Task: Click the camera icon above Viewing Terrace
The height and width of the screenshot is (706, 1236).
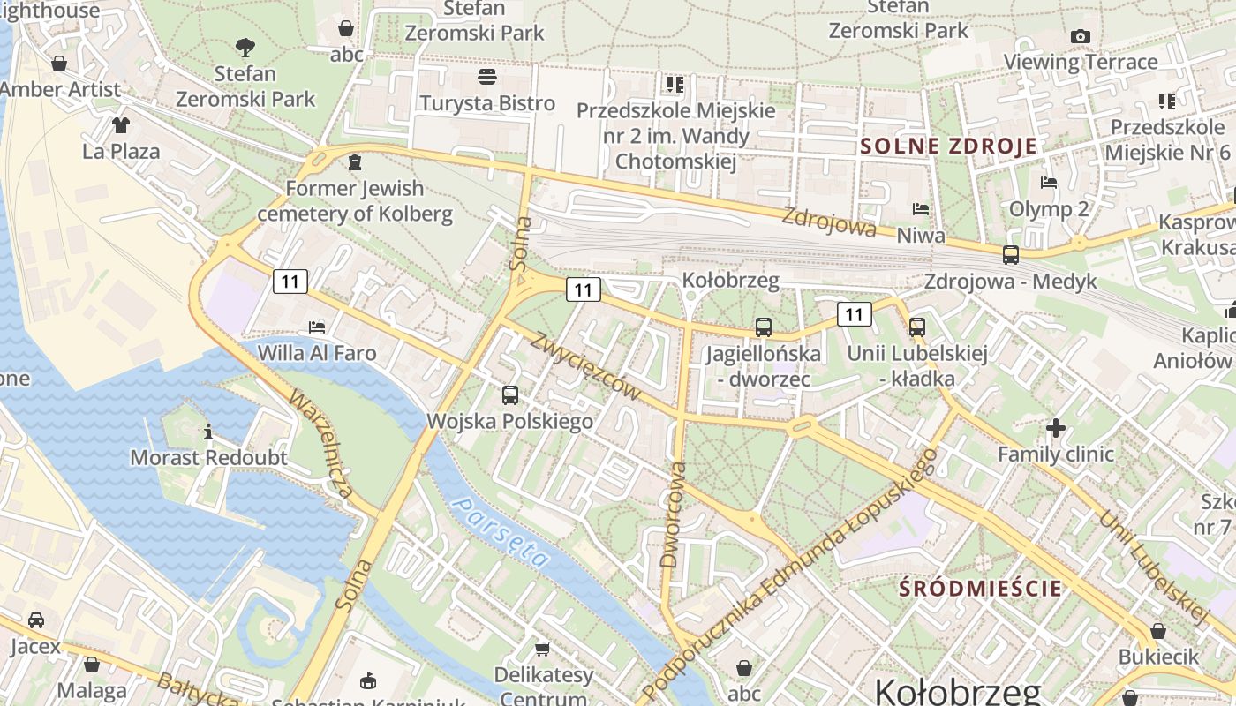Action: coord(1080,36)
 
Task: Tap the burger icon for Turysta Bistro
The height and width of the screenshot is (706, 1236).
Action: coord(486,77)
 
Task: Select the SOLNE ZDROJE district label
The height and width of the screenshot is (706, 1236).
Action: coord(948,146)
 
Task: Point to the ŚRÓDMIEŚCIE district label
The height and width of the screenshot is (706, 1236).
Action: coord(980,588)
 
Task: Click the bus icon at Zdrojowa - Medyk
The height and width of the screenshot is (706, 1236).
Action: coord(1011,255)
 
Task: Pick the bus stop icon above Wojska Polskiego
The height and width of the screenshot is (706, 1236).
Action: coord(510,395)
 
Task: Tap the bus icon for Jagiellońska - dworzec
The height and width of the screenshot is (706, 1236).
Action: coord(764,327)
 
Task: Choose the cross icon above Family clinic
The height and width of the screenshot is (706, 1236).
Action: coord(1055,428)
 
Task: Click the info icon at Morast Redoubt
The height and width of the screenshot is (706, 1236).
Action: coord(208,432)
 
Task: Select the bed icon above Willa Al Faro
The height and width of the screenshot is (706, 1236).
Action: coord(317,327)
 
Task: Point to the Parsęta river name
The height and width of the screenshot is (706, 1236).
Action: coord(500,531)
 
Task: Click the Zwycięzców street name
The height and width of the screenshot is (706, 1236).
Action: coord(584,365)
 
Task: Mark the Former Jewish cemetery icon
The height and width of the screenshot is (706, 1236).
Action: coord(355,162)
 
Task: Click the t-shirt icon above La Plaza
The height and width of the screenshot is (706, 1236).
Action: coord(121,124)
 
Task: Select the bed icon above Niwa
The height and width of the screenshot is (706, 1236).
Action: coord(921,209)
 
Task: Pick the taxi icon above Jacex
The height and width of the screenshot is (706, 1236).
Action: coord(36,620)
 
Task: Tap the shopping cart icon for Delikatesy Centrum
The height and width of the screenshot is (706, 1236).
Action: coord(542,649)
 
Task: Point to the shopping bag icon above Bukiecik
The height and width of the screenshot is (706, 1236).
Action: coord(1157,631)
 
